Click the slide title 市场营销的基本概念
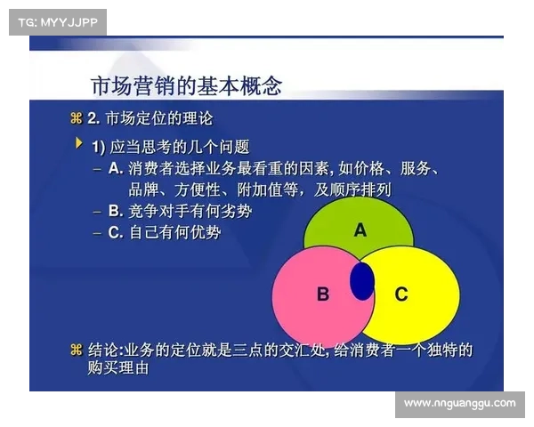[186, 86]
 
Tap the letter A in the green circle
[360, 230]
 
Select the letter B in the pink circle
[323, 294]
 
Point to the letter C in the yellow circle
[400, 294]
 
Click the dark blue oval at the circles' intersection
[361, 280]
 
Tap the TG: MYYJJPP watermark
[57, 20]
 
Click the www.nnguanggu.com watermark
[459, 403]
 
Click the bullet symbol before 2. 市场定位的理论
[75, 118]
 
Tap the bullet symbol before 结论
[75, 350]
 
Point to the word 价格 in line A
[369, 168]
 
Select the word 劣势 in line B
[237, 211]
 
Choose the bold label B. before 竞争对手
[115, 211]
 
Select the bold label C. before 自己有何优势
[115, 232]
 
